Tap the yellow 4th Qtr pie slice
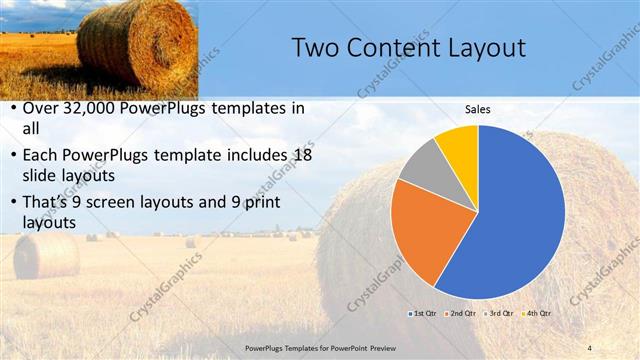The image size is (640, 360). coord(459,142)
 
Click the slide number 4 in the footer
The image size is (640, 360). coord(589,347)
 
